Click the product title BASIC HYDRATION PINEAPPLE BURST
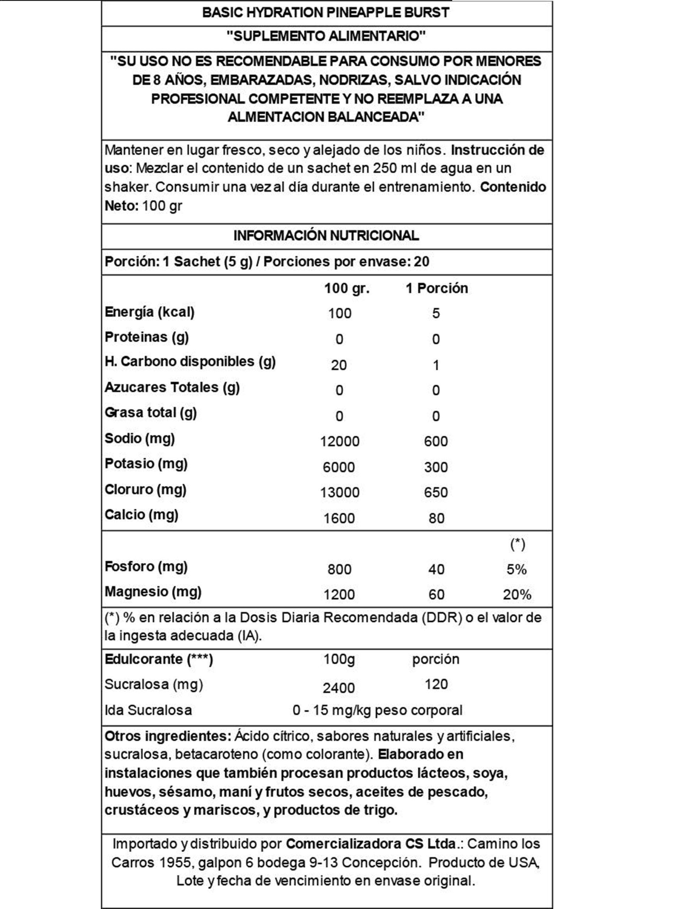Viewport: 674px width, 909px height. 325,13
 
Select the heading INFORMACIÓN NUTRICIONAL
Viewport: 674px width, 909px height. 326,235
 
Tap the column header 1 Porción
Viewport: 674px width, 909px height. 437,288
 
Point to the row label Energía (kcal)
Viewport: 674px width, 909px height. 149,312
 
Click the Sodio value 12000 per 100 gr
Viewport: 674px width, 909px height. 339,441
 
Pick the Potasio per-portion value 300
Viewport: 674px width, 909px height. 436,467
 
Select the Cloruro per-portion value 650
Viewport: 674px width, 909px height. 436,492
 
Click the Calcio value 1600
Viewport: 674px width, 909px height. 339,518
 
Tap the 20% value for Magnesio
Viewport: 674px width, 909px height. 516,594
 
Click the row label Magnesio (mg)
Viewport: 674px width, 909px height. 153,592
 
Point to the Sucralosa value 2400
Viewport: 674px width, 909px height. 339,688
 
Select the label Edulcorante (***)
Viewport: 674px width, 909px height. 159,659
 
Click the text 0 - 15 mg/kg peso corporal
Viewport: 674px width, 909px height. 377,710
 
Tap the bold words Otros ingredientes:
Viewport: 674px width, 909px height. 168,736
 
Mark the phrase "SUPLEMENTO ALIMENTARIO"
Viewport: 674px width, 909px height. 326,36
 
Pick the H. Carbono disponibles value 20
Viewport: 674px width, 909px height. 339,365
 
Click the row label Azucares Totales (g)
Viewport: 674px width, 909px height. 172,387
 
